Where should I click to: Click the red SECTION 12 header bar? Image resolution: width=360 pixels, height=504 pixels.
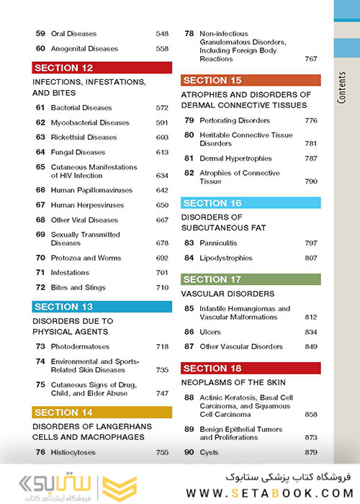coord(102,68)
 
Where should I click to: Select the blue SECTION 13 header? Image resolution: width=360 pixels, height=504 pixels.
coord(102,307)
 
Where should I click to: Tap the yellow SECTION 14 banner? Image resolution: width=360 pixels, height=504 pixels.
coord(102,413)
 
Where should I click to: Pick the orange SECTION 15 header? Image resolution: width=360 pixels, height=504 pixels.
coord(251,80)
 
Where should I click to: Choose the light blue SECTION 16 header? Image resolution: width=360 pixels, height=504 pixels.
coord(251,203)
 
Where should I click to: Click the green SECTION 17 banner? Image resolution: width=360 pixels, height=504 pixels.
coord(251,279)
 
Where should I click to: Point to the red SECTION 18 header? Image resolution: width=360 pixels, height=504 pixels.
coord(251,369)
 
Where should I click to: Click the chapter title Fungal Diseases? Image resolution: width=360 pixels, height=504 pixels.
coord(77,152)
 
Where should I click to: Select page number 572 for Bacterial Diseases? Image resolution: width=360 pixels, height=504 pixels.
coord(162,108)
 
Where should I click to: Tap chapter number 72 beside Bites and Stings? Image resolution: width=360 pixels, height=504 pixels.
coord(40,287)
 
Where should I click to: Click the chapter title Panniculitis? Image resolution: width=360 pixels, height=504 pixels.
coord(221,243)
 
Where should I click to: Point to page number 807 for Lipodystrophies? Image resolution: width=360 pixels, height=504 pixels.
coord(310,258)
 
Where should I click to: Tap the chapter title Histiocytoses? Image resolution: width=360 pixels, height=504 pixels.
coord(73,452)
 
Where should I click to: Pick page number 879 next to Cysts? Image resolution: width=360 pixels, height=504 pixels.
coord(310,452)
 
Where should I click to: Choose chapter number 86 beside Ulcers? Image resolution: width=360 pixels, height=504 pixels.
coord(189,332)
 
